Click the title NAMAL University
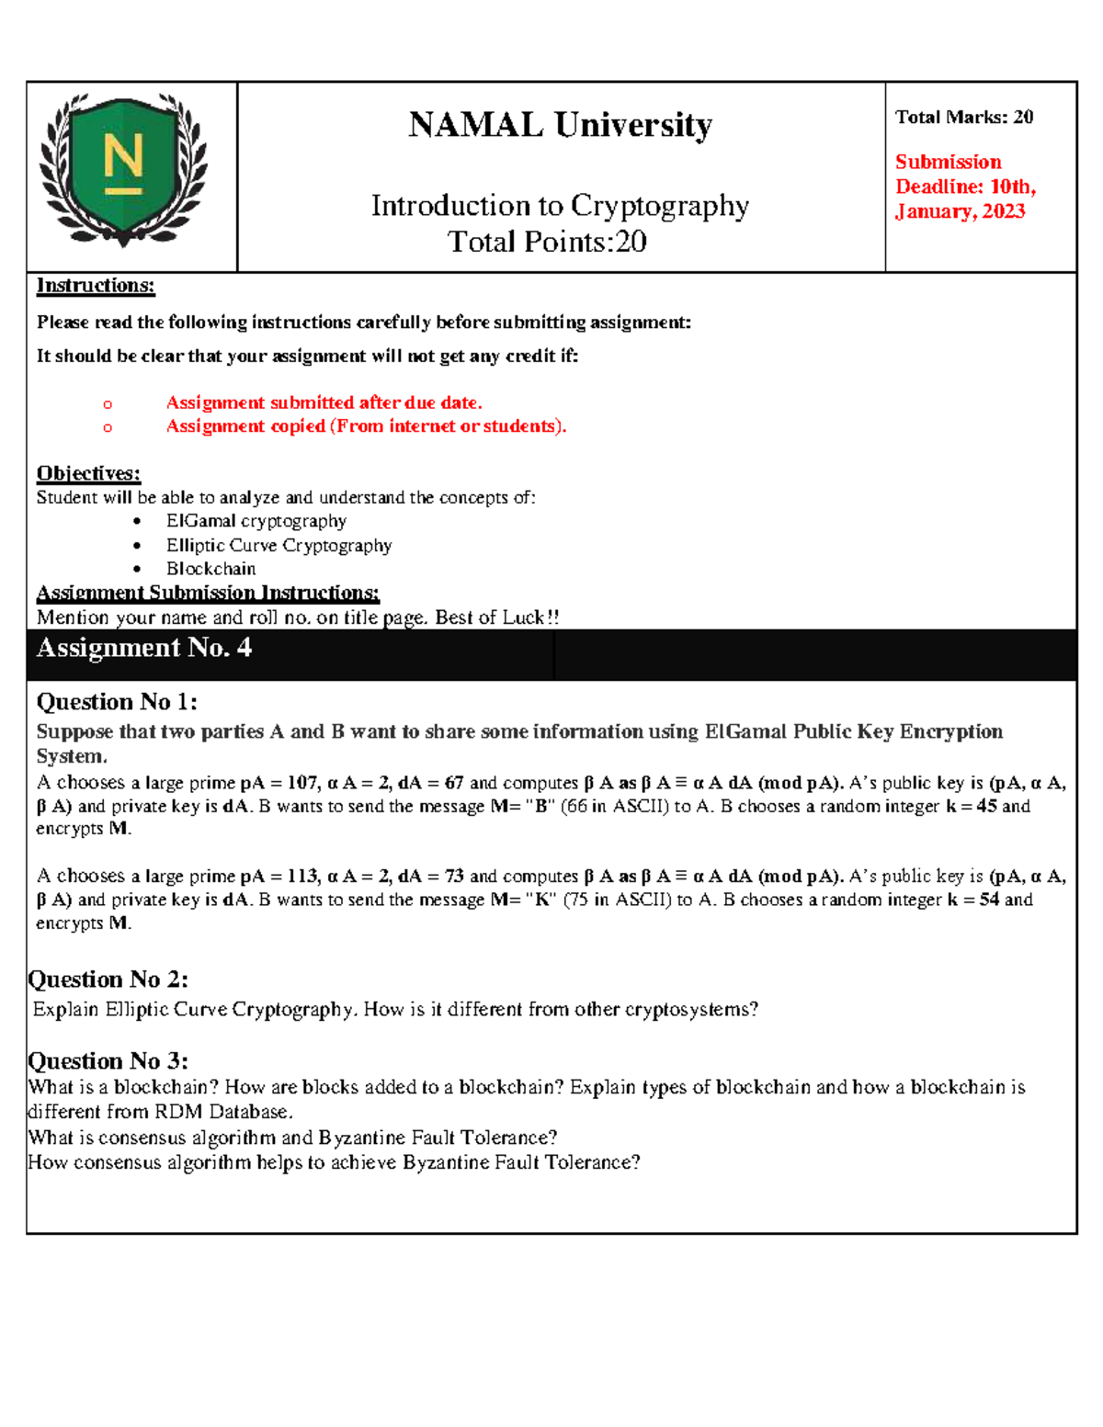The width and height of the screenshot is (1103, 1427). click(560, 125)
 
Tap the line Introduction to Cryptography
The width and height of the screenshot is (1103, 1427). click(560, 206)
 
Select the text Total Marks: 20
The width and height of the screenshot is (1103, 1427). click(964, 118)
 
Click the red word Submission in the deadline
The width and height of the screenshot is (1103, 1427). click(948, 163)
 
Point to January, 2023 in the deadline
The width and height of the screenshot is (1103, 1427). click(960, 211)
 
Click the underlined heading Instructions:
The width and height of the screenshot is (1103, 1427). click(96, 286)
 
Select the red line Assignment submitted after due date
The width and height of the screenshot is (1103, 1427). click(324, 402)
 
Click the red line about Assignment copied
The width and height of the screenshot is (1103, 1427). click(366, 426)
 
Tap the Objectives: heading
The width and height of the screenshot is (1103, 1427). click(88, 473)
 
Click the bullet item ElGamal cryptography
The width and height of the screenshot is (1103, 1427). click(256, 521)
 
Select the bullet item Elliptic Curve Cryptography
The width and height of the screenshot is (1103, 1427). click(279, 546)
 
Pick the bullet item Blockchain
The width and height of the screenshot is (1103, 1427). click(210, 569)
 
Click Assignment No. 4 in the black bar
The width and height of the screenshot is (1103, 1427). click(143, 649)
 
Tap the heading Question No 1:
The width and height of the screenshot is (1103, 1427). click(117, 702)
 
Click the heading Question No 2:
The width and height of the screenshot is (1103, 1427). click(108, 980)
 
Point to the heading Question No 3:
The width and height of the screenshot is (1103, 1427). click(108, 1061)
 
